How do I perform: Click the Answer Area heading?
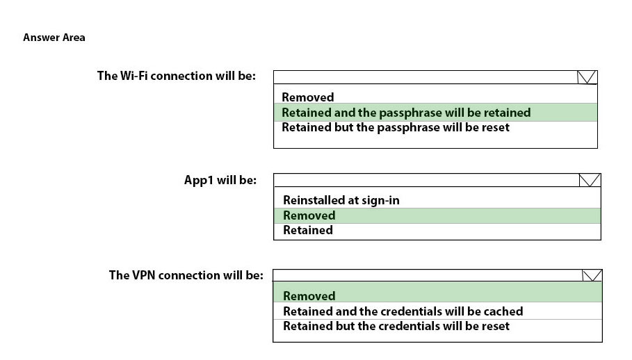tap(54, 38)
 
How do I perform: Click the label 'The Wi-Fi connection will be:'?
tap(176, 76)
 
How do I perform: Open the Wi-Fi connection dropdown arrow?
tap(586, 77)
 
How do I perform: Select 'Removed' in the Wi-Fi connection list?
tap(308, 97)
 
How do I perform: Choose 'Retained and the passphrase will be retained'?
tap(406, 113)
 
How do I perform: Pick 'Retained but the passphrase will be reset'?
tap(396, 127)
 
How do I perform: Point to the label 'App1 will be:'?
tap(220, 180)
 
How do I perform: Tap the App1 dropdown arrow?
tap(590, 180)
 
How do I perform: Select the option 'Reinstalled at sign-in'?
tap(341, 200)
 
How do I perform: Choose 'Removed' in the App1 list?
tap(309, 215)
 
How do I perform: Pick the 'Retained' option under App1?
tap(308, 230)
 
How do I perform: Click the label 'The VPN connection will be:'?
tap(186, 275)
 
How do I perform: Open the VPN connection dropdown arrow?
tap(592, 275)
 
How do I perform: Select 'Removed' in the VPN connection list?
tap(309, 296)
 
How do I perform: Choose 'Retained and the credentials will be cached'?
tap(403, 311)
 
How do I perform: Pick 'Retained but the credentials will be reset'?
tap(396, 326)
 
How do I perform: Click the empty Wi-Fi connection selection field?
tap(426, 77)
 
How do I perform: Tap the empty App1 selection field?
tap(426, 180)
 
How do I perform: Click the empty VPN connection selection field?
tap(428, 275)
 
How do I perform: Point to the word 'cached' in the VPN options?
tap(503, 311)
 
